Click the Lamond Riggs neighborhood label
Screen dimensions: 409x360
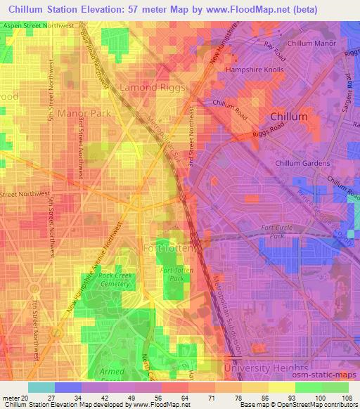point(153,88)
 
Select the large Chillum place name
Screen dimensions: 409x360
point(289,117)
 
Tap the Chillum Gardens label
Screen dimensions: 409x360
point(302,164)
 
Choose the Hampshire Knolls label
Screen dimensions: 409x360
point(255,71)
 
